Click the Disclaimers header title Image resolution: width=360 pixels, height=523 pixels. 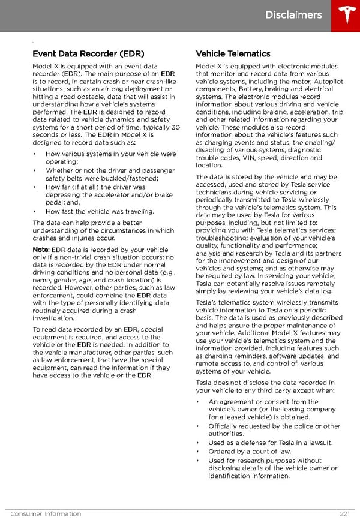[293, 15]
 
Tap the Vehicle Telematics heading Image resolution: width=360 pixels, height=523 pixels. [233, 54]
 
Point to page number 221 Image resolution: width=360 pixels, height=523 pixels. [344, 514]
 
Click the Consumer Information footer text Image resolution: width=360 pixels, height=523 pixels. [46, 514]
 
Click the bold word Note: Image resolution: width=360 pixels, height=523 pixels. [41, 250]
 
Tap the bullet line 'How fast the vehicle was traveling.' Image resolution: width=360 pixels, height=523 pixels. [100, 211]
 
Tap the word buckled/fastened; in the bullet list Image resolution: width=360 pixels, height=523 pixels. [129, 178]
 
